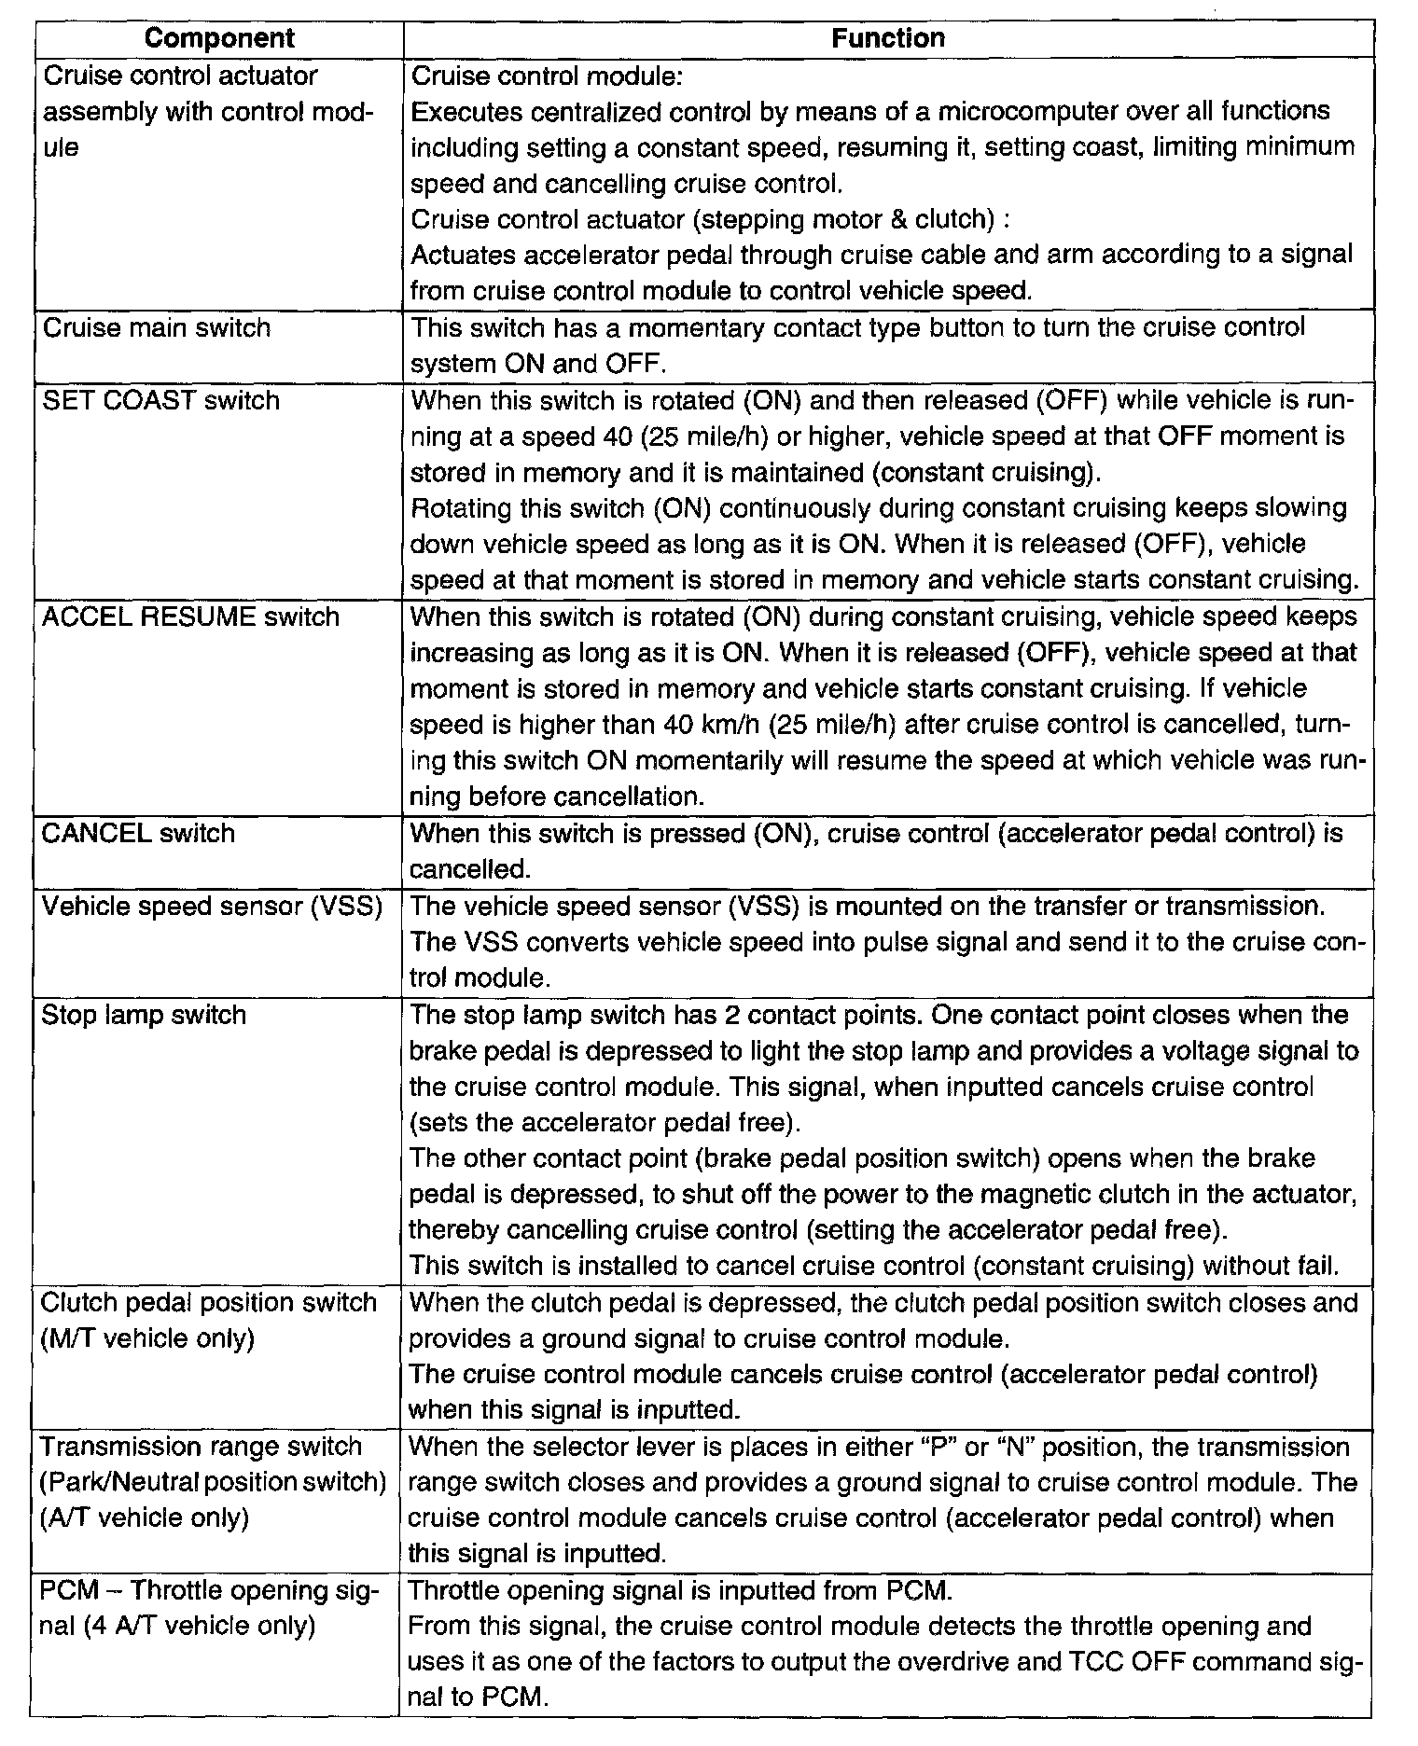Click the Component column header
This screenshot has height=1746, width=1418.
point(219,38)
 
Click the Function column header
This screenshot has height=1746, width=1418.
point(887,38)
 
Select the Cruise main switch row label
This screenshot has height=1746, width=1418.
point(157,328)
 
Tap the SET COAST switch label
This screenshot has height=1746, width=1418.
point(161,401)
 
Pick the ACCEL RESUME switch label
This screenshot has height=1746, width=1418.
point(190,617)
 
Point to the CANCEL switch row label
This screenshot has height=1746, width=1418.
point(138,833)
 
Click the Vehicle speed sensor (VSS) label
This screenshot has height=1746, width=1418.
point(212,906)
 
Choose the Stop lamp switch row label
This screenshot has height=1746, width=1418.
point(144,1015)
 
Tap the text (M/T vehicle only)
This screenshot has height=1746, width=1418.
point(147,1338)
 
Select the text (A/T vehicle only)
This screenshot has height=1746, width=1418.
point(145,1517)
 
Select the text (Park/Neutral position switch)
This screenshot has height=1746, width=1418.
point(214,1482)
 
